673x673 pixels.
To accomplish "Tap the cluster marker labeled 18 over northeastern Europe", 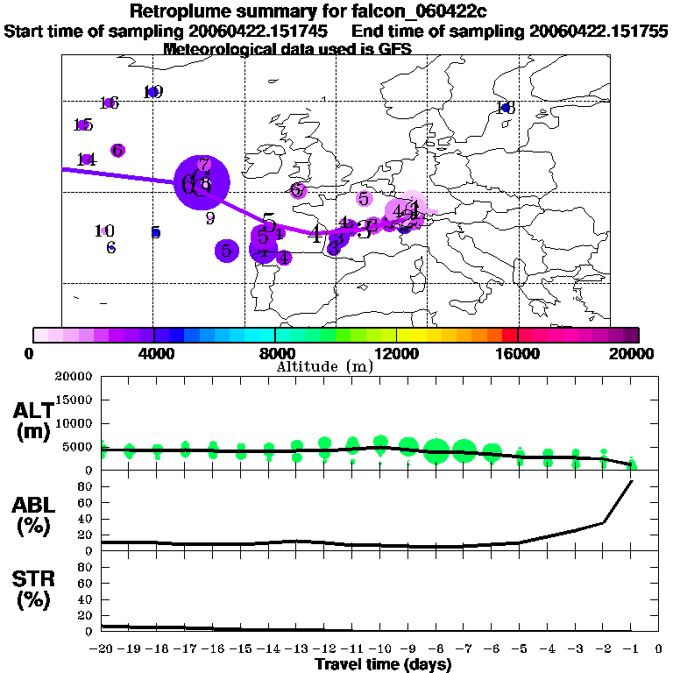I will (505, 108).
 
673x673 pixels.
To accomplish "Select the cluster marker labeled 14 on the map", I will (86, 159).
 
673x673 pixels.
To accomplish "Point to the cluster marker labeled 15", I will (83, 124).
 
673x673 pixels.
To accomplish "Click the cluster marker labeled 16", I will (110, 103).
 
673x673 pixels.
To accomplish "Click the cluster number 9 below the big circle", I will (210, 217).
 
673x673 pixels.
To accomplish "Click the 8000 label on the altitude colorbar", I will (275, 354).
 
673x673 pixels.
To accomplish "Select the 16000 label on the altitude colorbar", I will (518, 354).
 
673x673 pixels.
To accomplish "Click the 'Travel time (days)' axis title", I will (383, 664).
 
